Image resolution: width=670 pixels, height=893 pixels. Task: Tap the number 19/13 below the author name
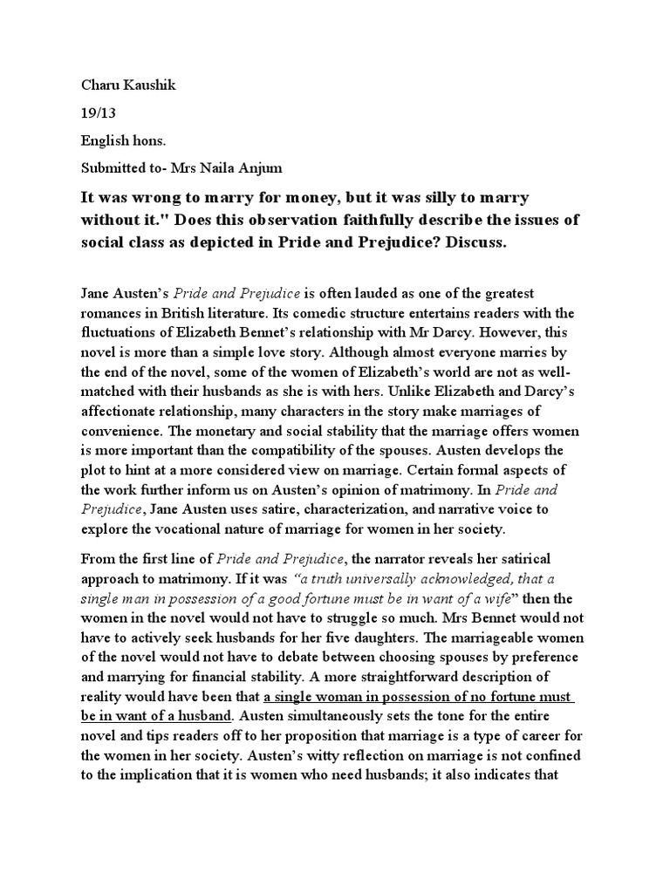pos(97,113)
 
